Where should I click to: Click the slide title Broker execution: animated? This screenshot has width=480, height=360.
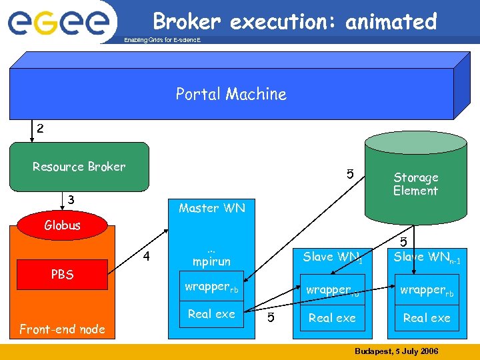pyautogui.click(x=294, y=22)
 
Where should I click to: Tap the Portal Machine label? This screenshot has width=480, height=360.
pyautogui.click(x=231, y=94)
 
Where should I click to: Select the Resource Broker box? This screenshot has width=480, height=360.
pyautogui.click(x=79, y=167)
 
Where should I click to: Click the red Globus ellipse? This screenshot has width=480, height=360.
pyautogui.click(x=62, y=225)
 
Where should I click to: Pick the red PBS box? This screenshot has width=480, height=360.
pyautogui.click(x=62, y=274)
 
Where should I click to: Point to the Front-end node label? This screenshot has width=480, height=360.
pyautogui.click(x=62, y=329)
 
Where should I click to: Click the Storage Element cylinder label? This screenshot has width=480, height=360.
pyautogui.click(x=415, y=184)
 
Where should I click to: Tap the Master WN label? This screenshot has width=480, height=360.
pyautogui.click(x=211, y=208)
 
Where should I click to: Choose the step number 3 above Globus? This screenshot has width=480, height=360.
pyautogui.click(x=71, y=199)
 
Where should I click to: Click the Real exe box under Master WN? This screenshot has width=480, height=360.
pyautogui.click(x=211, y=314)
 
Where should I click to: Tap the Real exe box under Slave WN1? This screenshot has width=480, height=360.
pyautogui.click(x=332, y=318)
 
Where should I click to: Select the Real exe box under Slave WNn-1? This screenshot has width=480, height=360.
pyautogui.click(x=427, y=318)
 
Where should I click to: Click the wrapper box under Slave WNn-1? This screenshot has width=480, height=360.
pyautogui.click(x=427, y=290)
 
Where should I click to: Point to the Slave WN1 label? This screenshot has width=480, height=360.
pyautogui.click(x=332, y=257)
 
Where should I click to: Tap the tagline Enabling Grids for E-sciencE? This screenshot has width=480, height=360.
pyautogui.click(x=162, y=41)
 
